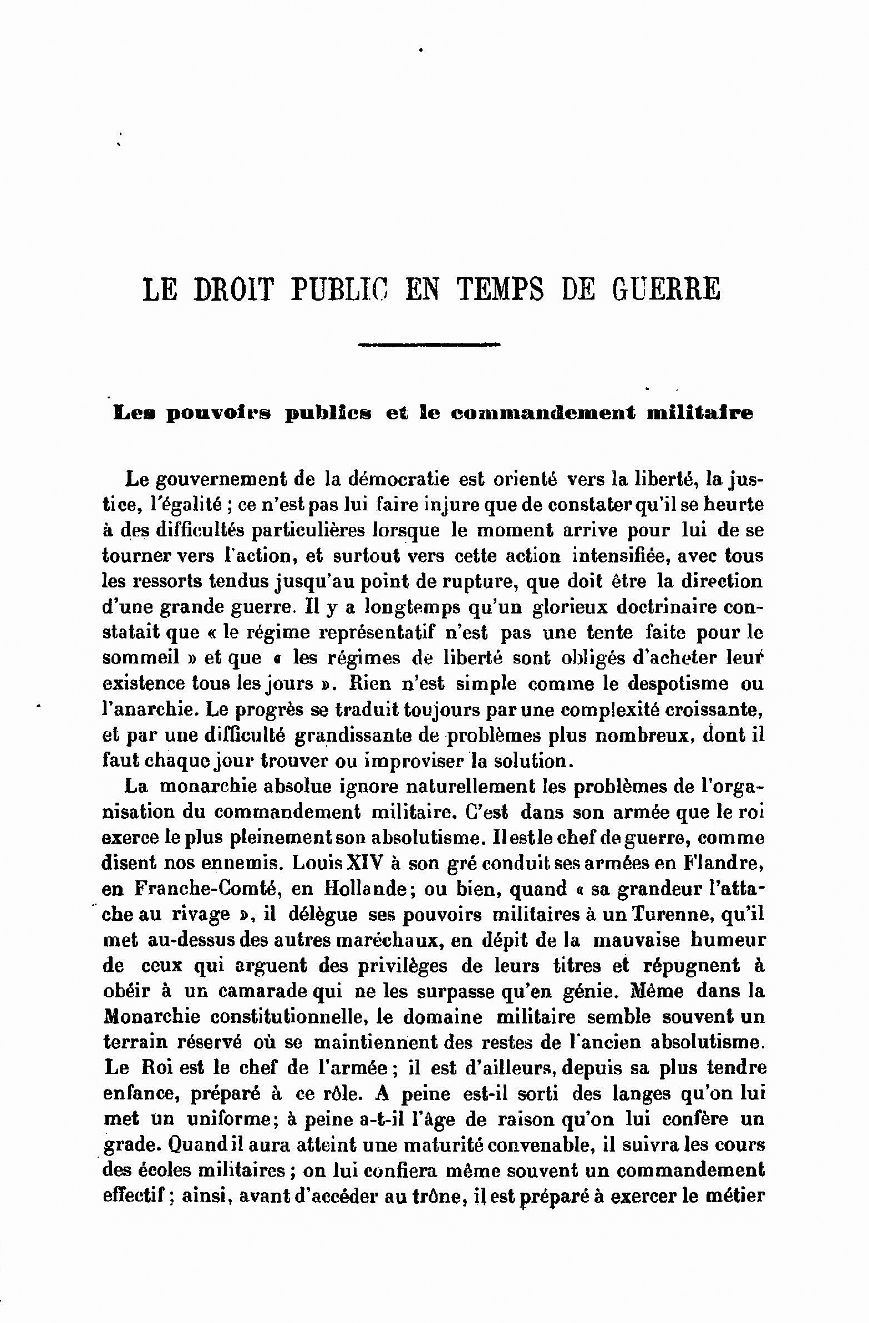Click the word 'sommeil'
click(141, 657)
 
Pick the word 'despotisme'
click(664, 683)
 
